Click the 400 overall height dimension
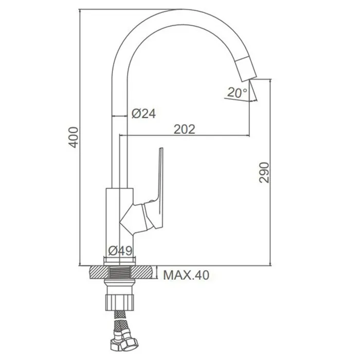coord(74,137)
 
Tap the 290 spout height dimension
coord(264,172)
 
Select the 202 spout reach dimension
coord(184,129)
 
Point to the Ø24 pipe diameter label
coord(143,114)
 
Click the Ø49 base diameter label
coord(120,251)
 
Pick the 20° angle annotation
coord(238,93)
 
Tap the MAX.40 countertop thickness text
coord(186,275)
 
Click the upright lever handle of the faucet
coord(160,184)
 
